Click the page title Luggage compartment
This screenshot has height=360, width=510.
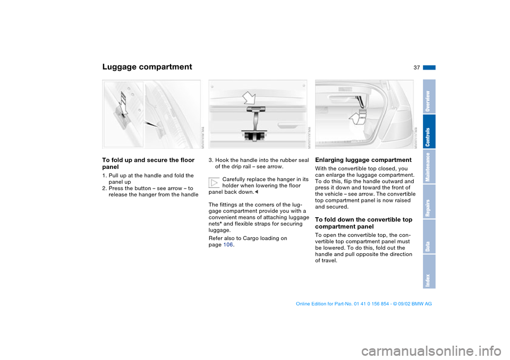point(147,67)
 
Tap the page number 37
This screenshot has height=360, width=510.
point(415,67)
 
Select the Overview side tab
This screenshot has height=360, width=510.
point(429,97)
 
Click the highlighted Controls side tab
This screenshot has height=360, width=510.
point(429,132)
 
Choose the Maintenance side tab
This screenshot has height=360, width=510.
point(429,167)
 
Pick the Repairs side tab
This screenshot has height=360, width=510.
point(429,202)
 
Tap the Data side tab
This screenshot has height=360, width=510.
point(429,237)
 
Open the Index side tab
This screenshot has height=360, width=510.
point(429,271)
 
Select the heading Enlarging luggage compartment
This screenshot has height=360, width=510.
point(363,160)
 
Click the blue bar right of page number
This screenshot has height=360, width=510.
point(429,67)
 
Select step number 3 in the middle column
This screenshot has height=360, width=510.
point(210,160)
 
